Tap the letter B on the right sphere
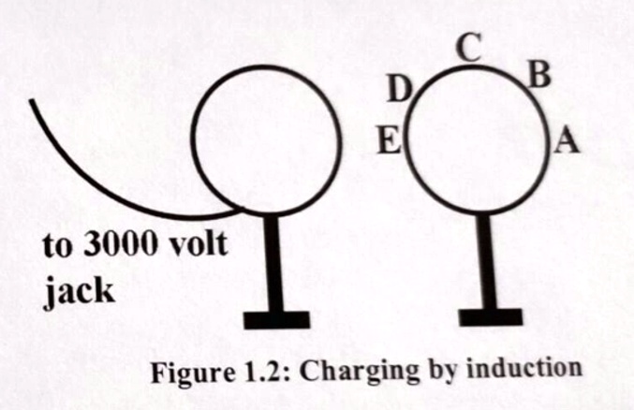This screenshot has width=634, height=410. [539, 76]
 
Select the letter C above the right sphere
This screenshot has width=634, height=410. [469, 48]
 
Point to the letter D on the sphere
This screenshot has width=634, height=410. [399, 89]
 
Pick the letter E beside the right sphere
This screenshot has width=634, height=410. [390, 139]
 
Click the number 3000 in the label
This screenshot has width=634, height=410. [120, 244]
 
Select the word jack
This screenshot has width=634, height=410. [79, 290]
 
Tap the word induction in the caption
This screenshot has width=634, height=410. [524, 368]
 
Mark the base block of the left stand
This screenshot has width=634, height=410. [276, 320]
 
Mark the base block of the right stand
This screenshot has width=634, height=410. [491, 317]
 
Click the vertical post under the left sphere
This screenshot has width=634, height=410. [273, 263]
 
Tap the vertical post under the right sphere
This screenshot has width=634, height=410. [487, 261]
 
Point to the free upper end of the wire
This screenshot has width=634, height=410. [32, 101]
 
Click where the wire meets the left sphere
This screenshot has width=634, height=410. [242, 209]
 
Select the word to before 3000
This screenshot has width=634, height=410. [57, 246]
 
